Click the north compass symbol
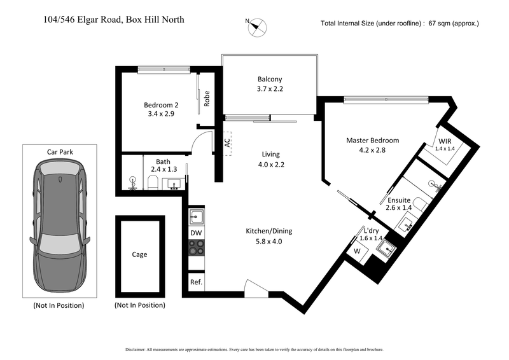[258, 26]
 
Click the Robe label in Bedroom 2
[207, 99]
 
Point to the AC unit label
[227, 142]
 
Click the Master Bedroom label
[372, 141]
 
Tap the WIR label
[445, 141]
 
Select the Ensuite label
[400, 200]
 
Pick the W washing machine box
[357, 251]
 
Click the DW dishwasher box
[197, 233]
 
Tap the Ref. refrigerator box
[196, 282]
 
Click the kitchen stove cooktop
[197, 256]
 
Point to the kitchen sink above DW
[197, 216]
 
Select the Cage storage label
[139, 254]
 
